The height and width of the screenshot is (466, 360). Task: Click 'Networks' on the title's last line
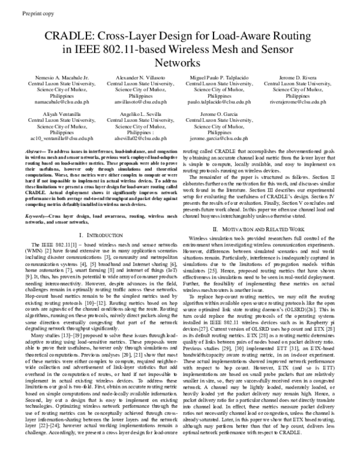coord(179,62)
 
